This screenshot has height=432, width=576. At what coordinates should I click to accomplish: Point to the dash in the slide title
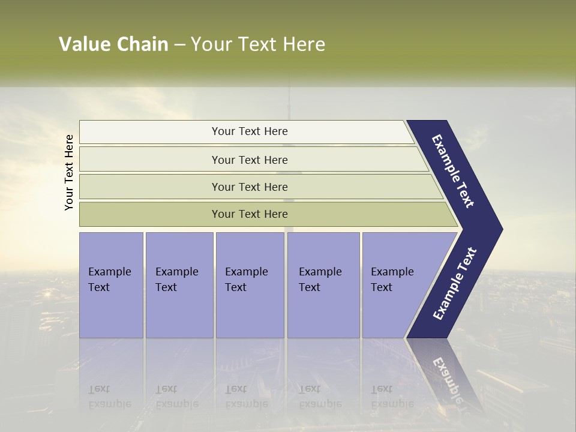pyautogui.click(x=179, y=45)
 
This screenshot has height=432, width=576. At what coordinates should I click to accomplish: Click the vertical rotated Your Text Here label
pyautogui.click(x=69, y=172)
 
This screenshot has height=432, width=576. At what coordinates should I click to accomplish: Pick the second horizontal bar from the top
pyautogui.click(x=249, y=160)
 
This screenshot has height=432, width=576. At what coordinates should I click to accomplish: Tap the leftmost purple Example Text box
pyautogui.click(x=111, y=285)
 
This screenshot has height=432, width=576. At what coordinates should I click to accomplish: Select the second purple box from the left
pyautogui.click(x=179, y=285)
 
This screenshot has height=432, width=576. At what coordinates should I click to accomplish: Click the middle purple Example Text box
pyautogui.click(x=250, y=285)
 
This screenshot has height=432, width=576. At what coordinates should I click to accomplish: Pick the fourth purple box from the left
pyautogui.click(x=323, y=285)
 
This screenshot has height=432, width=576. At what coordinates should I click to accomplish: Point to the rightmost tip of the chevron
pyautogui.click(x=501, y=229)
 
